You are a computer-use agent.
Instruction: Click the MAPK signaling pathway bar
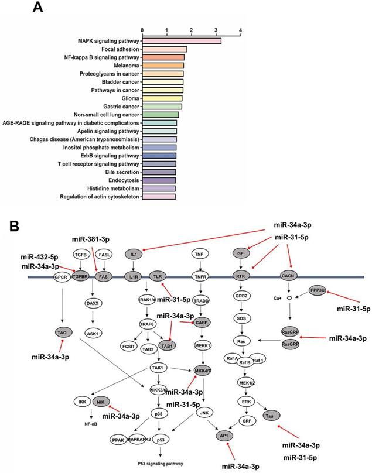pyautogui.click(x=182, y=41)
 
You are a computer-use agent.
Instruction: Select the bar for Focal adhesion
pyautogui.click(x=165, y=49)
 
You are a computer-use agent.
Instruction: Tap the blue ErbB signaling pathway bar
pyautogui.click(x=159, y=156)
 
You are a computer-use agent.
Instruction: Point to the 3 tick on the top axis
pyautogui.click(x=216, y=30)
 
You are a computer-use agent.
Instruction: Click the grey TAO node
pyautogui.click(x=61, y=332)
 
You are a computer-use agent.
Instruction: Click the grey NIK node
pyautogui.click(x=102, y=402)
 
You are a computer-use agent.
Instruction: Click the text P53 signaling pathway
pyautogui.click(x=158, y=463)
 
